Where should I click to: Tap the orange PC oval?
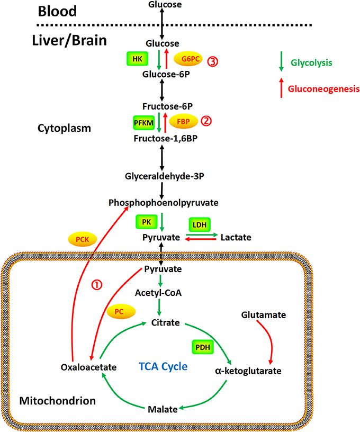[x=121, y=312]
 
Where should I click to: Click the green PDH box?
[x=202, y=347]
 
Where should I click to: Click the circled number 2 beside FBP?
[x=206, y=121]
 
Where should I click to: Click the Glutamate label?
[x=264, y=315]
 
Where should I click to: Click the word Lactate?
[x=236, y=238]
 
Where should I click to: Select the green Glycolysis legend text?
[x=311, y=62]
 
